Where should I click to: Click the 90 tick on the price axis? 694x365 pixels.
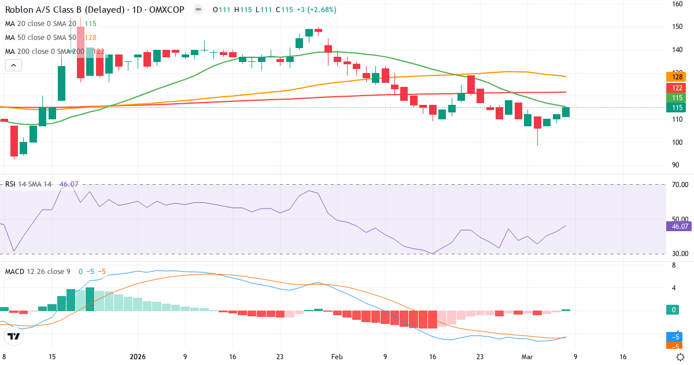pyautogui.click(x=675, y=165)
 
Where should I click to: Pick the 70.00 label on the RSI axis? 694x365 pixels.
pyautogui.click(x=679, y=185)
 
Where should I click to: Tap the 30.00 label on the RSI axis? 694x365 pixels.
pyautogui.click(x=679, y=254)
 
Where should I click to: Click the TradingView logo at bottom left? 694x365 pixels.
pyautogui.click(x=14, y=336)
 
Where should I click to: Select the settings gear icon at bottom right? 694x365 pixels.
pyautogui.click(x=681, y=357)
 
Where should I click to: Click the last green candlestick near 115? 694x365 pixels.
pyautogui.click(x=566, y=112)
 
